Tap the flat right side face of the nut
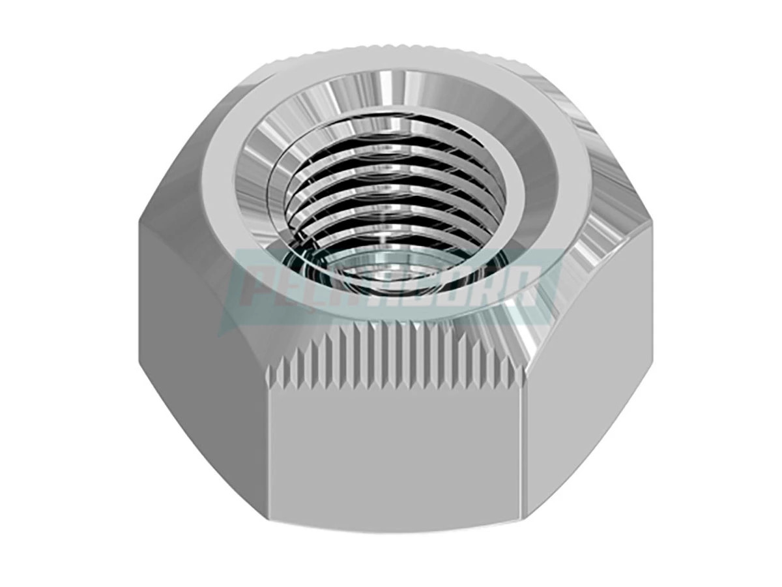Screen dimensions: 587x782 tap(586, 365)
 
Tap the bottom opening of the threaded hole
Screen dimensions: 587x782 tap(365, 274)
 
